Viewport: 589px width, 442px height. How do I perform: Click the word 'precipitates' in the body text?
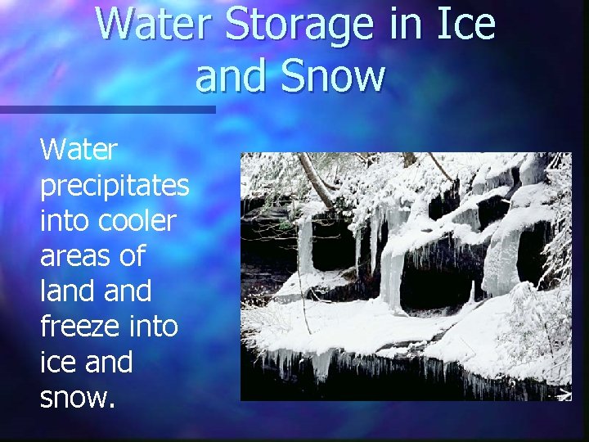coord(115,187)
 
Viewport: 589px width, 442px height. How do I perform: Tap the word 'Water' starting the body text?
coord(79,151)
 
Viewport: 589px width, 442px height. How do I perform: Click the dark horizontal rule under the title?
coord(106,109)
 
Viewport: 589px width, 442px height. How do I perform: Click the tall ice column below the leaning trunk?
coord(305,246)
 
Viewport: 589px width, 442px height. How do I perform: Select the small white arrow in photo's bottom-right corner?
coord(564,395)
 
